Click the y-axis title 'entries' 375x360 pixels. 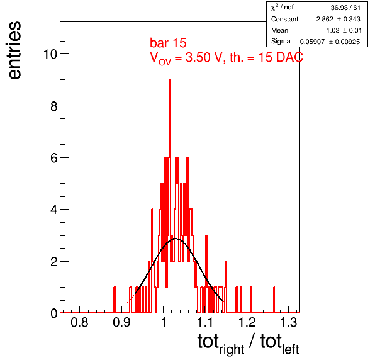click(15, 50)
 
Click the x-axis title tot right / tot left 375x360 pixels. click(249, 344)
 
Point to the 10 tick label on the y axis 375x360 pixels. click(50, 54)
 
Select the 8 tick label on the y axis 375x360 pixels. click(54, 106)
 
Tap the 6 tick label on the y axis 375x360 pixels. click(54, 158)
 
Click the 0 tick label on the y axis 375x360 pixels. click(54, 313)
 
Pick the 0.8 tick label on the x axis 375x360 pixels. click(79, 322)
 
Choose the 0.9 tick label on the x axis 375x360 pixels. click(121, 322)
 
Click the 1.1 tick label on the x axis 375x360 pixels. click(205, 322)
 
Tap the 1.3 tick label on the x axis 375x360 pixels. click(288, 322)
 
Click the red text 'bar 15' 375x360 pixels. click(168, 43)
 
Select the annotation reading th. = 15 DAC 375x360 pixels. click(266, 57)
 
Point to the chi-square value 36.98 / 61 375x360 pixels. click(345, 8)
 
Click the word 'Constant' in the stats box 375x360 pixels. click(284, 19)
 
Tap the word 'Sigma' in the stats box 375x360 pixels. click(281, 42)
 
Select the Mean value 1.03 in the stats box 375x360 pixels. click(333, 30)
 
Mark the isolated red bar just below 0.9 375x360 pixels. click(115, 300)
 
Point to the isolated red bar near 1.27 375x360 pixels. click(274, 300)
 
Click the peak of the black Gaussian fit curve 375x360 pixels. click(176, 239)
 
